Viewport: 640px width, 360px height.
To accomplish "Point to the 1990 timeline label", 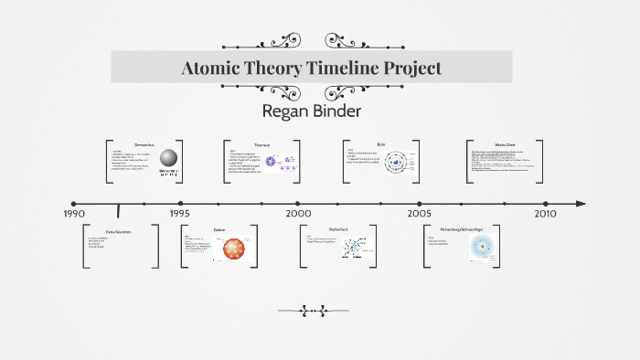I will click(x=73, y=213).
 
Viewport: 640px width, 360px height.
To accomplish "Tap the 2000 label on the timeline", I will click(x=298, y=213).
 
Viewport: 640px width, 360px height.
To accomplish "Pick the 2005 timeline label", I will click(x=420, y=213).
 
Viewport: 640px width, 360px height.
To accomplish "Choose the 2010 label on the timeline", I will click(x=545, y=213).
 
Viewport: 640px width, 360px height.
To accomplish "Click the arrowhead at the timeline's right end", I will click(x=581, y=203).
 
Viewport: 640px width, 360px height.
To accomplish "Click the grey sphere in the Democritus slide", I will click(x=167, y=159).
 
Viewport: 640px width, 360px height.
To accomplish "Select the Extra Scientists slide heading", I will click(x=119, y=232).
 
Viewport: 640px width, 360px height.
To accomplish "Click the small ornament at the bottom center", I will click(x=320, y=311).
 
